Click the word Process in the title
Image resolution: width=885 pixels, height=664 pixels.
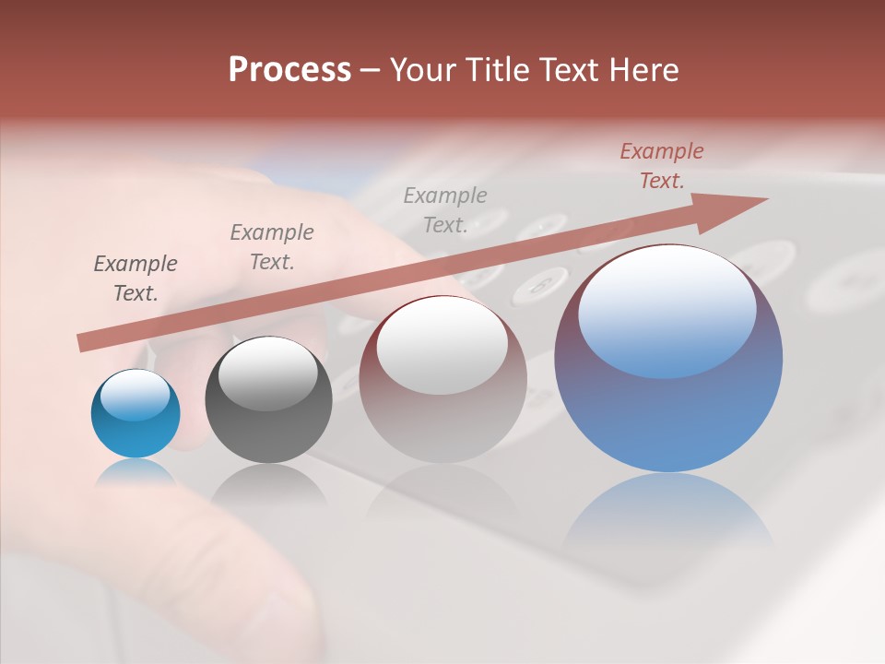pyautogui.click(x=289, y=70)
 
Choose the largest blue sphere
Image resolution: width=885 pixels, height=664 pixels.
pyautogui.click(x=668, y=406)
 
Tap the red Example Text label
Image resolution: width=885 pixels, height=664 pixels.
pyautogui.click(x=661, y=166)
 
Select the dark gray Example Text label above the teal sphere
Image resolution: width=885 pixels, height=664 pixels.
pyautogui.click(x=136, y=278)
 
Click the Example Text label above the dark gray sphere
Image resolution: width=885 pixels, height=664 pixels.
pyautogui.click(x=272, y=246)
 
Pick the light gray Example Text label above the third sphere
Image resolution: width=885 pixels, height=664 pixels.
pyautogui.click(x=445, y=209)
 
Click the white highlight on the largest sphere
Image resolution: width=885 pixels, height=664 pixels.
pyautogui.click(x=667, y=309)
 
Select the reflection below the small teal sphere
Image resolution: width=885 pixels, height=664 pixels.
pyautogui.click(x=136, y=473)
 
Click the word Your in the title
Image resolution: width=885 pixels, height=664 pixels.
pyautogui.click(x=419, y=70)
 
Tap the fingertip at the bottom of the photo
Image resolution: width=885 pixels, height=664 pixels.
pyautogui.click(x=277, y=599)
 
